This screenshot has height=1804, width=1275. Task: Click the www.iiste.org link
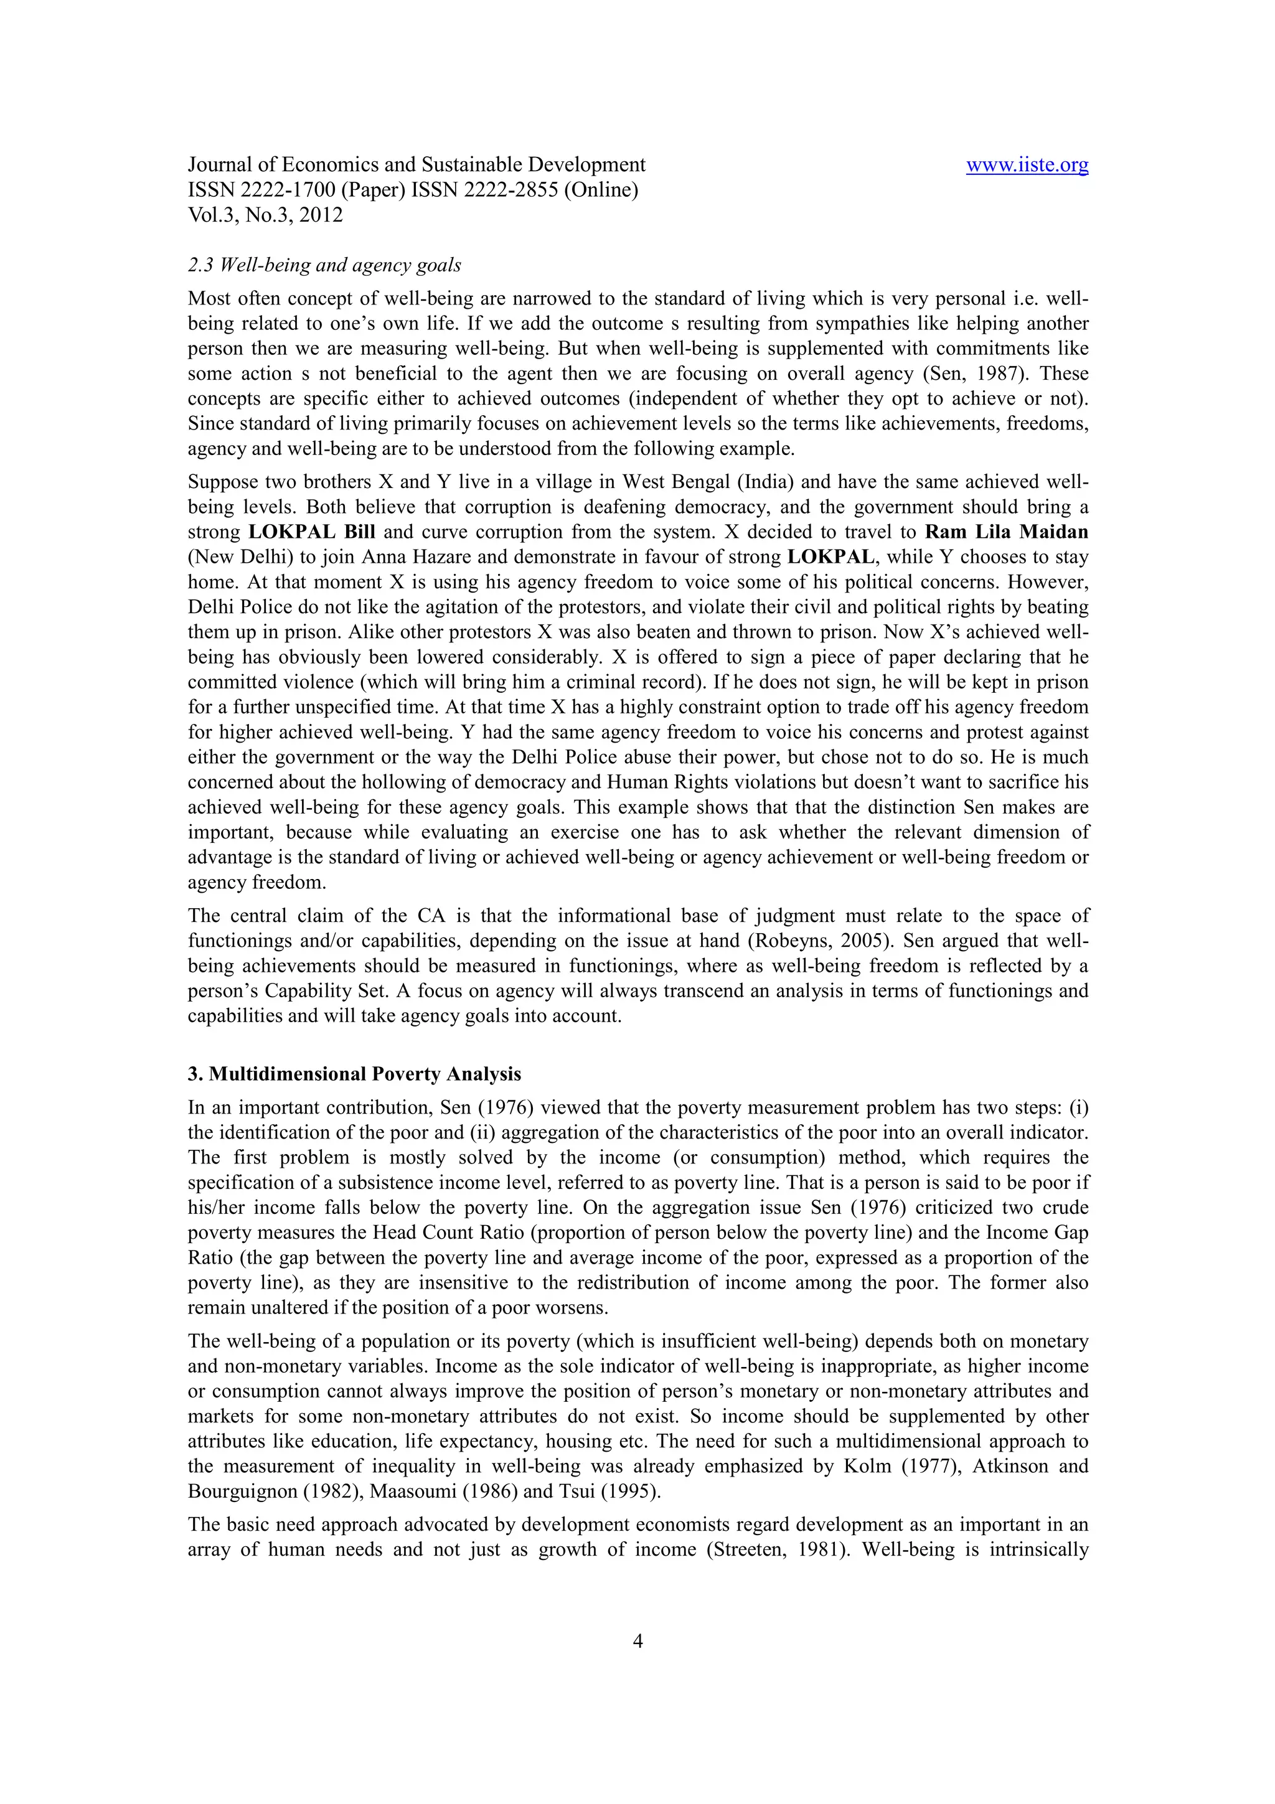point(1027,165)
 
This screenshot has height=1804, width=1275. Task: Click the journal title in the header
point(416,165)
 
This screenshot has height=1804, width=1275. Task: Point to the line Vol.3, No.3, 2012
point(266,215)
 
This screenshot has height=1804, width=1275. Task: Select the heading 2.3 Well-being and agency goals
point(324,266)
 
